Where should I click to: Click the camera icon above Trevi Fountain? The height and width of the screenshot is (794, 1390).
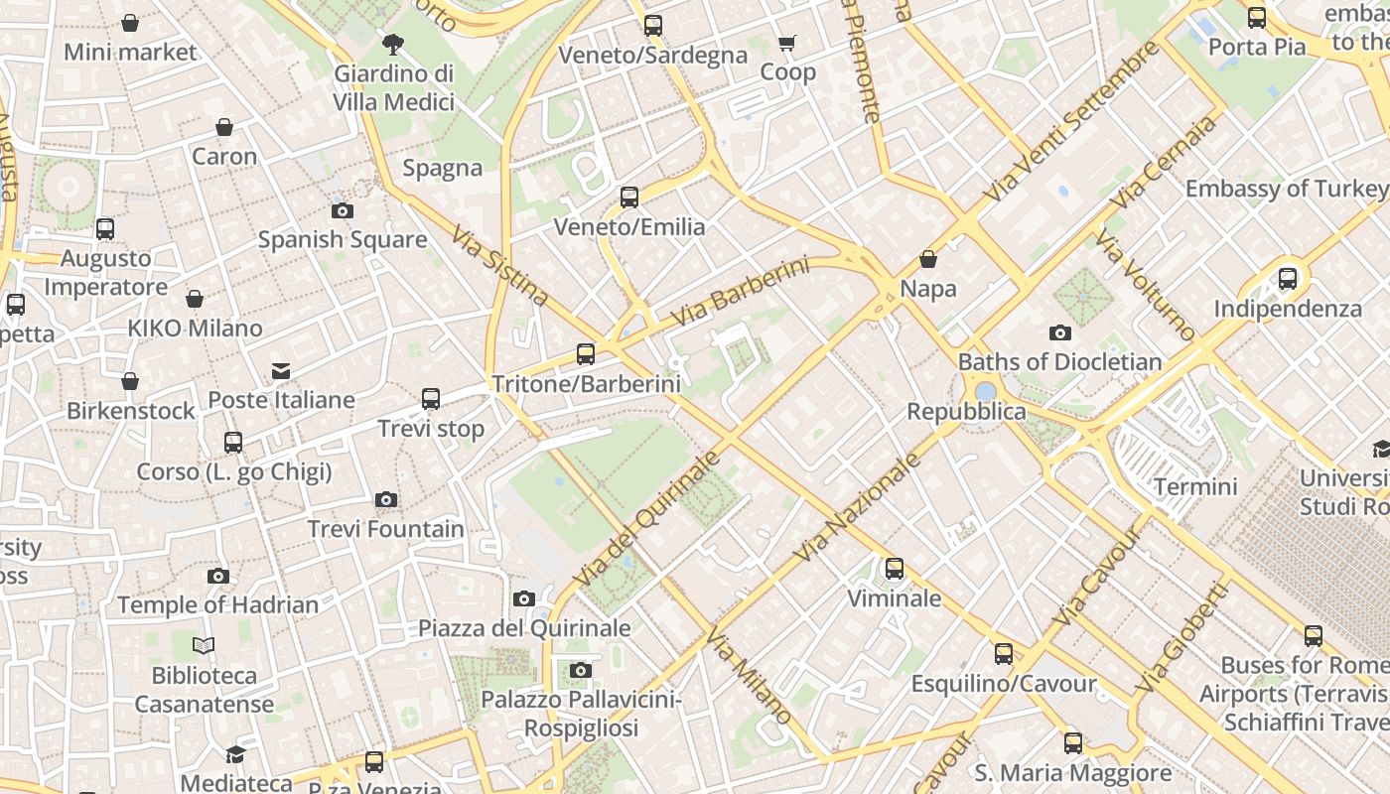coord(386,499)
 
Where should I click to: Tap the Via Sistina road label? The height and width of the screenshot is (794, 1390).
coord(499,265)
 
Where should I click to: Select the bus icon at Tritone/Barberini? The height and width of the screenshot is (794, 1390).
coord(586,354)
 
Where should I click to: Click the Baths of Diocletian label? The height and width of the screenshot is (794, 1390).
coord(1059,361)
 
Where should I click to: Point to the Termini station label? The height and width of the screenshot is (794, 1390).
coord(1195,486)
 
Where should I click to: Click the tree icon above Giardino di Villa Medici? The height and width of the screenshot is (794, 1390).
coord(393,44)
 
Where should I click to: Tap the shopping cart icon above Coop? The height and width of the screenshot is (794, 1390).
coord(787,43)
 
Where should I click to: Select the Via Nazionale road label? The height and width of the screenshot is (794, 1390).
coord(858,508)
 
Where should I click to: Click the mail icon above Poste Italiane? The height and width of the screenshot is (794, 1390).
coord(281,371)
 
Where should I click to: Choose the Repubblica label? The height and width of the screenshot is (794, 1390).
coord(952,411)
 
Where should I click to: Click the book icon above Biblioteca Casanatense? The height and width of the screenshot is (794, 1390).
coord(204,646)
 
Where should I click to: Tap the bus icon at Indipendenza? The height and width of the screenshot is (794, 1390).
coord(1288,279)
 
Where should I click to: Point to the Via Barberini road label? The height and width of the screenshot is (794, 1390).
coord(740,292)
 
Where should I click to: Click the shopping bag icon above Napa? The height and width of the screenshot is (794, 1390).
coord(928,259)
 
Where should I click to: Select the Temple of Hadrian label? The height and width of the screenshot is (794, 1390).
coord(217,604)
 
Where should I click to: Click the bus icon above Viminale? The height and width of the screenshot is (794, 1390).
coord(895,569)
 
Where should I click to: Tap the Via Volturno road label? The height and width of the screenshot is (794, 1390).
coord(1145,285)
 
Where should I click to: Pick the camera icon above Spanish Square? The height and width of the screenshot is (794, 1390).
coord(343,210)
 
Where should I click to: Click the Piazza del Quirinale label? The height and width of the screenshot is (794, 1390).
coord(524,628)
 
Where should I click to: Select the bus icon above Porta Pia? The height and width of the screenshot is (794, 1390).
coord(1257,18)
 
